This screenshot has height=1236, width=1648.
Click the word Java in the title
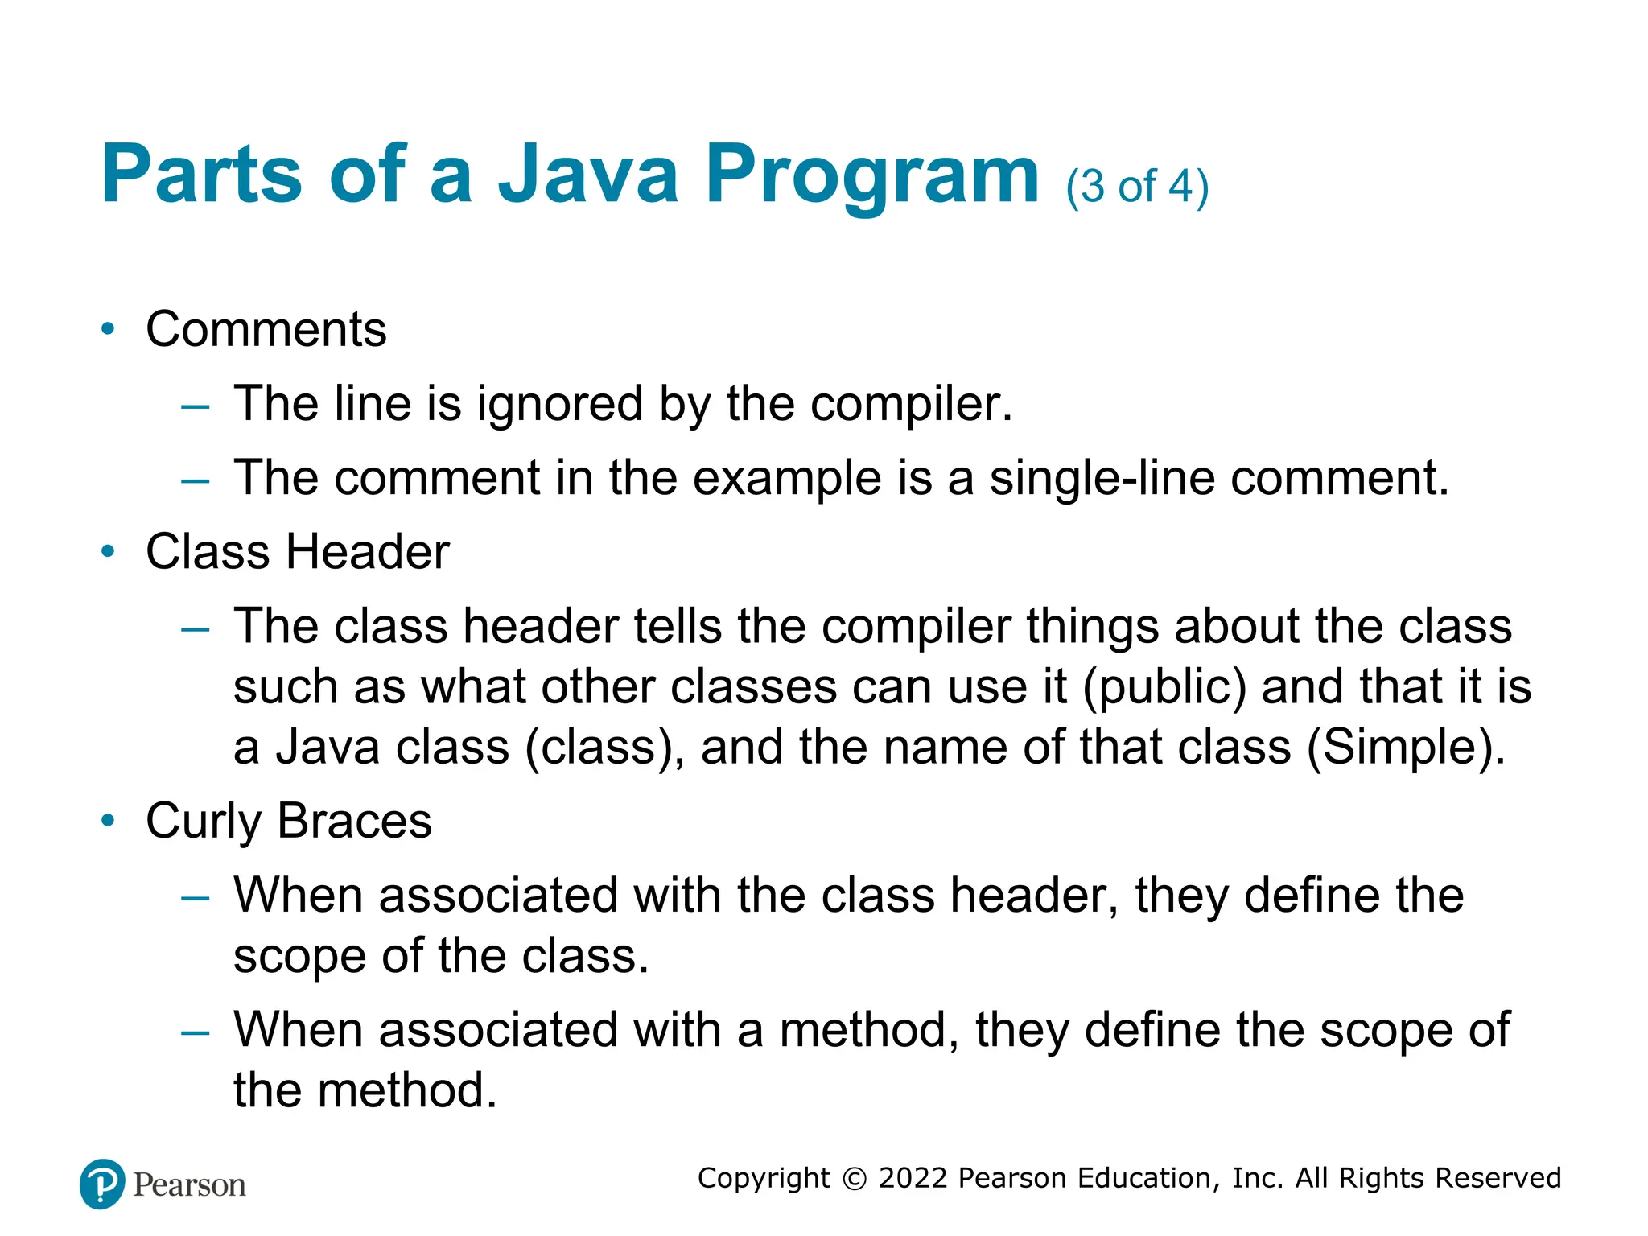589,174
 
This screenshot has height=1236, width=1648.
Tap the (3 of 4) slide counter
1136,187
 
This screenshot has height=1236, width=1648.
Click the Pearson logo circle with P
102,1184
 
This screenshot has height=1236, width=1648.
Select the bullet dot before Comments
108,329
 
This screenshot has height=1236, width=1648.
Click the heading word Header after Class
368,552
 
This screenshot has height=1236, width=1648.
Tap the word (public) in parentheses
1164,687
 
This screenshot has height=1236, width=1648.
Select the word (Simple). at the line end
1405,747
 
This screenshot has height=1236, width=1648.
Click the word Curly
204,822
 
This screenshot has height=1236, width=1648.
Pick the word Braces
354,822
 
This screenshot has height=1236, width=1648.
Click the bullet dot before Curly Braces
108,821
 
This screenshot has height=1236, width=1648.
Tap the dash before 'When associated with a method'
196,1032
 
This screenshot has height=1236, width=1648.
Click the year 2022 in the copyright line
913,1178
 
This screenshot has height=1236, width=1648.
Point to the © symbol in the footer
854,1179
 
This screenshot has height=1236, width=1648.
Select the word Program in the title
872,175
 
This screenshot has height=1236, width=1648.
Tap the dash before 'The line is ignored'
196,406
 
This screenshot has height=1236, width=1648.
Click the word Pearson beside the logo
189,1185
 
